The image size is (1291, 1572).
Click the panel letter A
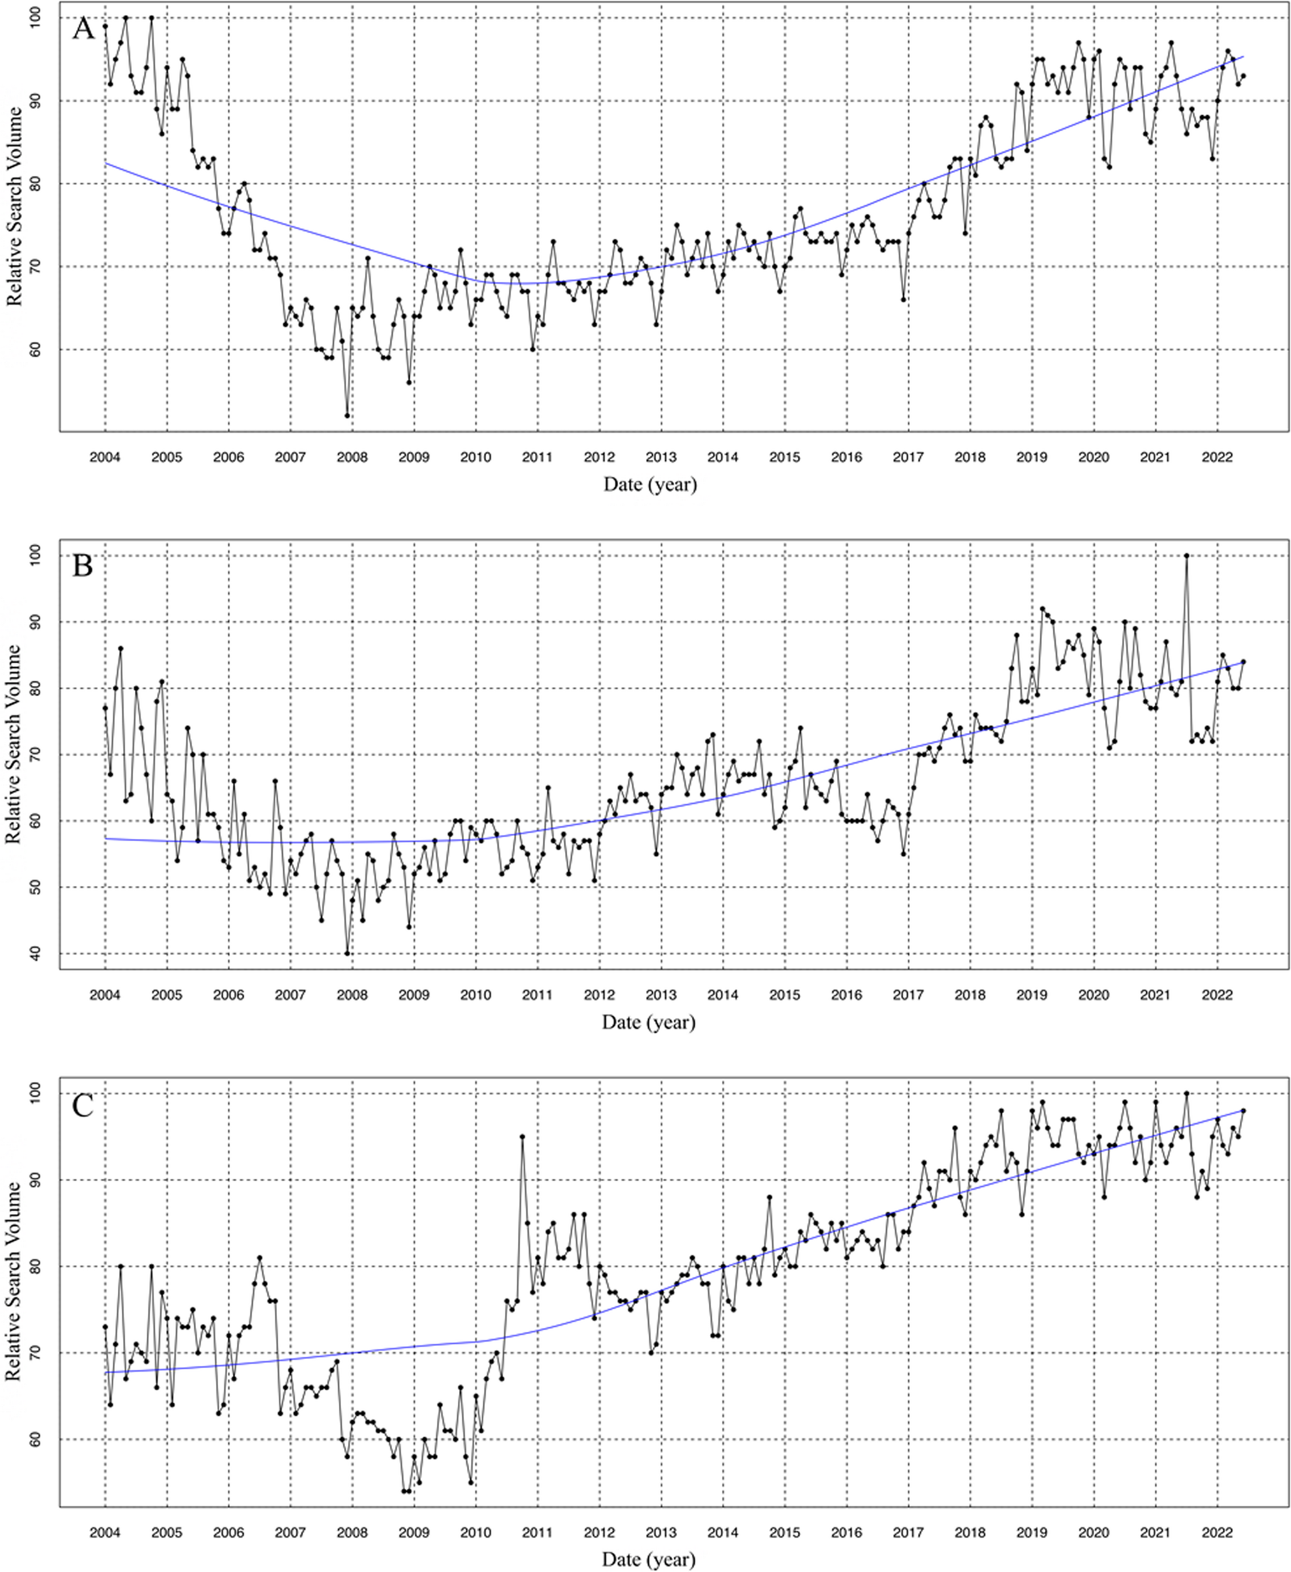pos(84,29)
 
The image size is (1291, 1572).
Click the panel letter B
pos(82,566)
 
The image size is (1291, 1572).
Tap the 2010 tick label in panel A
pos(475,457)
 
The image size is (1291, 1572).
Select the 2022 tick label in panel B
pos(1217,995)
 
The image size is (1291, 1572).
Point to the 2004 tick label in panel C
pos(105,1532)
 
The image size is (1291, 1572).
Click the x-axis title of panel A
pos(650,485)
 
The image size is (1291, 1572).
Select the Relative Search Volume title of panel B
pos(13,744)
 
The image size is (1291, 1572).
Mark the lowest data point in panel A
pos(347,416)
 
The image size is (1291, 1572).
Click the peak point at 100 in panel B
pos(1186,555)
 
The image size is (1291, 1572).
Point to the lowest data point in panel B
pos(347,953)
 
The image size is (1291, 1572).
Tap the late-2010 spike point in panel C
pos(522,1136)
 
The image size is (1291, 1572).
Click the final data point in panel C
pos(1243,1111)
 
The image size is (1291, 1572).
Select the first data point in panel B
pos(105,708)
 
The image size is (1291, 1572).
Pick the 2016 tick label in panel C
pos(846,1532)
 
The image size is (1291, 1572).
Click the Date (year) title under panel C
pos(649,1559)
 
